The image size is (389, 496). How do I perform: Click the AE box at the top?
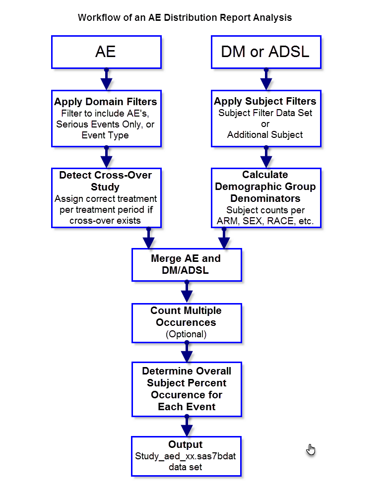106,52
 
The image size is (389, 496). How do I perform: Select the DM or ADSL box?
265,52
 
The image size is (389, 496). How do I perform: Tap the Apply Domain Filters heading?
106,102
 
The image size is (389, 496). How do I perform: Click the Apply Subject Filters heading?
265,101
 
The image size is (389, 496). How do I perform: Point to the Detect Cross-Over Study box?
106,197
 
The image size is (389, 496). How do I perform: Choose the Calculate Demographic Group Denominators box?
265,197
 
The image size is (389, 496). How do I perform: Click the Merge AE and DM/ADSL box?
186,264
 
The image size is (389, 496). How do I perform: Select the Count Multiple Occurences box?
186,322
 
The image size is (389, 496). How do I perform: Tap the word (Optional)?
186,334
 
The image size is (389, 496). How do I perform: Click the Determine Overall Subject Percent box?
186,389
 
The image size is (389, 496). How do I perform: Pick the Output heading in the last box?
186,444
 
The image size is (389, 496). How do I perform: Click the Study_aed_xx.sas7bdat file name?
186,456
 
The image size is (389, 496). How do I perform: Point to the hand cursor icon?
311,451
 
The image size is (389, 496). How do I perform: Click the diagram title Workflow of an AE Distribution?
185,17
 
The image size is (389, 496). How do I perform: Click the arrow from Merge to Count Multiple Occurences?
187,293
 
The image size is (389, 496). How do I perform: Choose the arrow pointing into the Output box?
187,427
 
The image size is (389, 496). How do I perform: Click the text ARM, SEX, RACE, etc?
265,222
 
